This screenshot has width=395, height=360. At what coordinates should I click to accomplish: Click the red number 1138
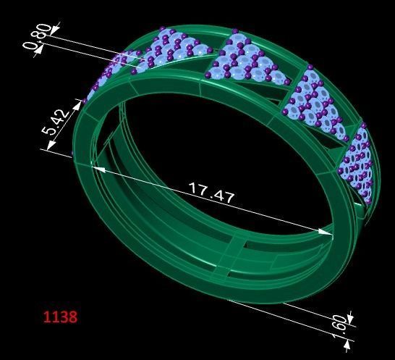tap(60, 317)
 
